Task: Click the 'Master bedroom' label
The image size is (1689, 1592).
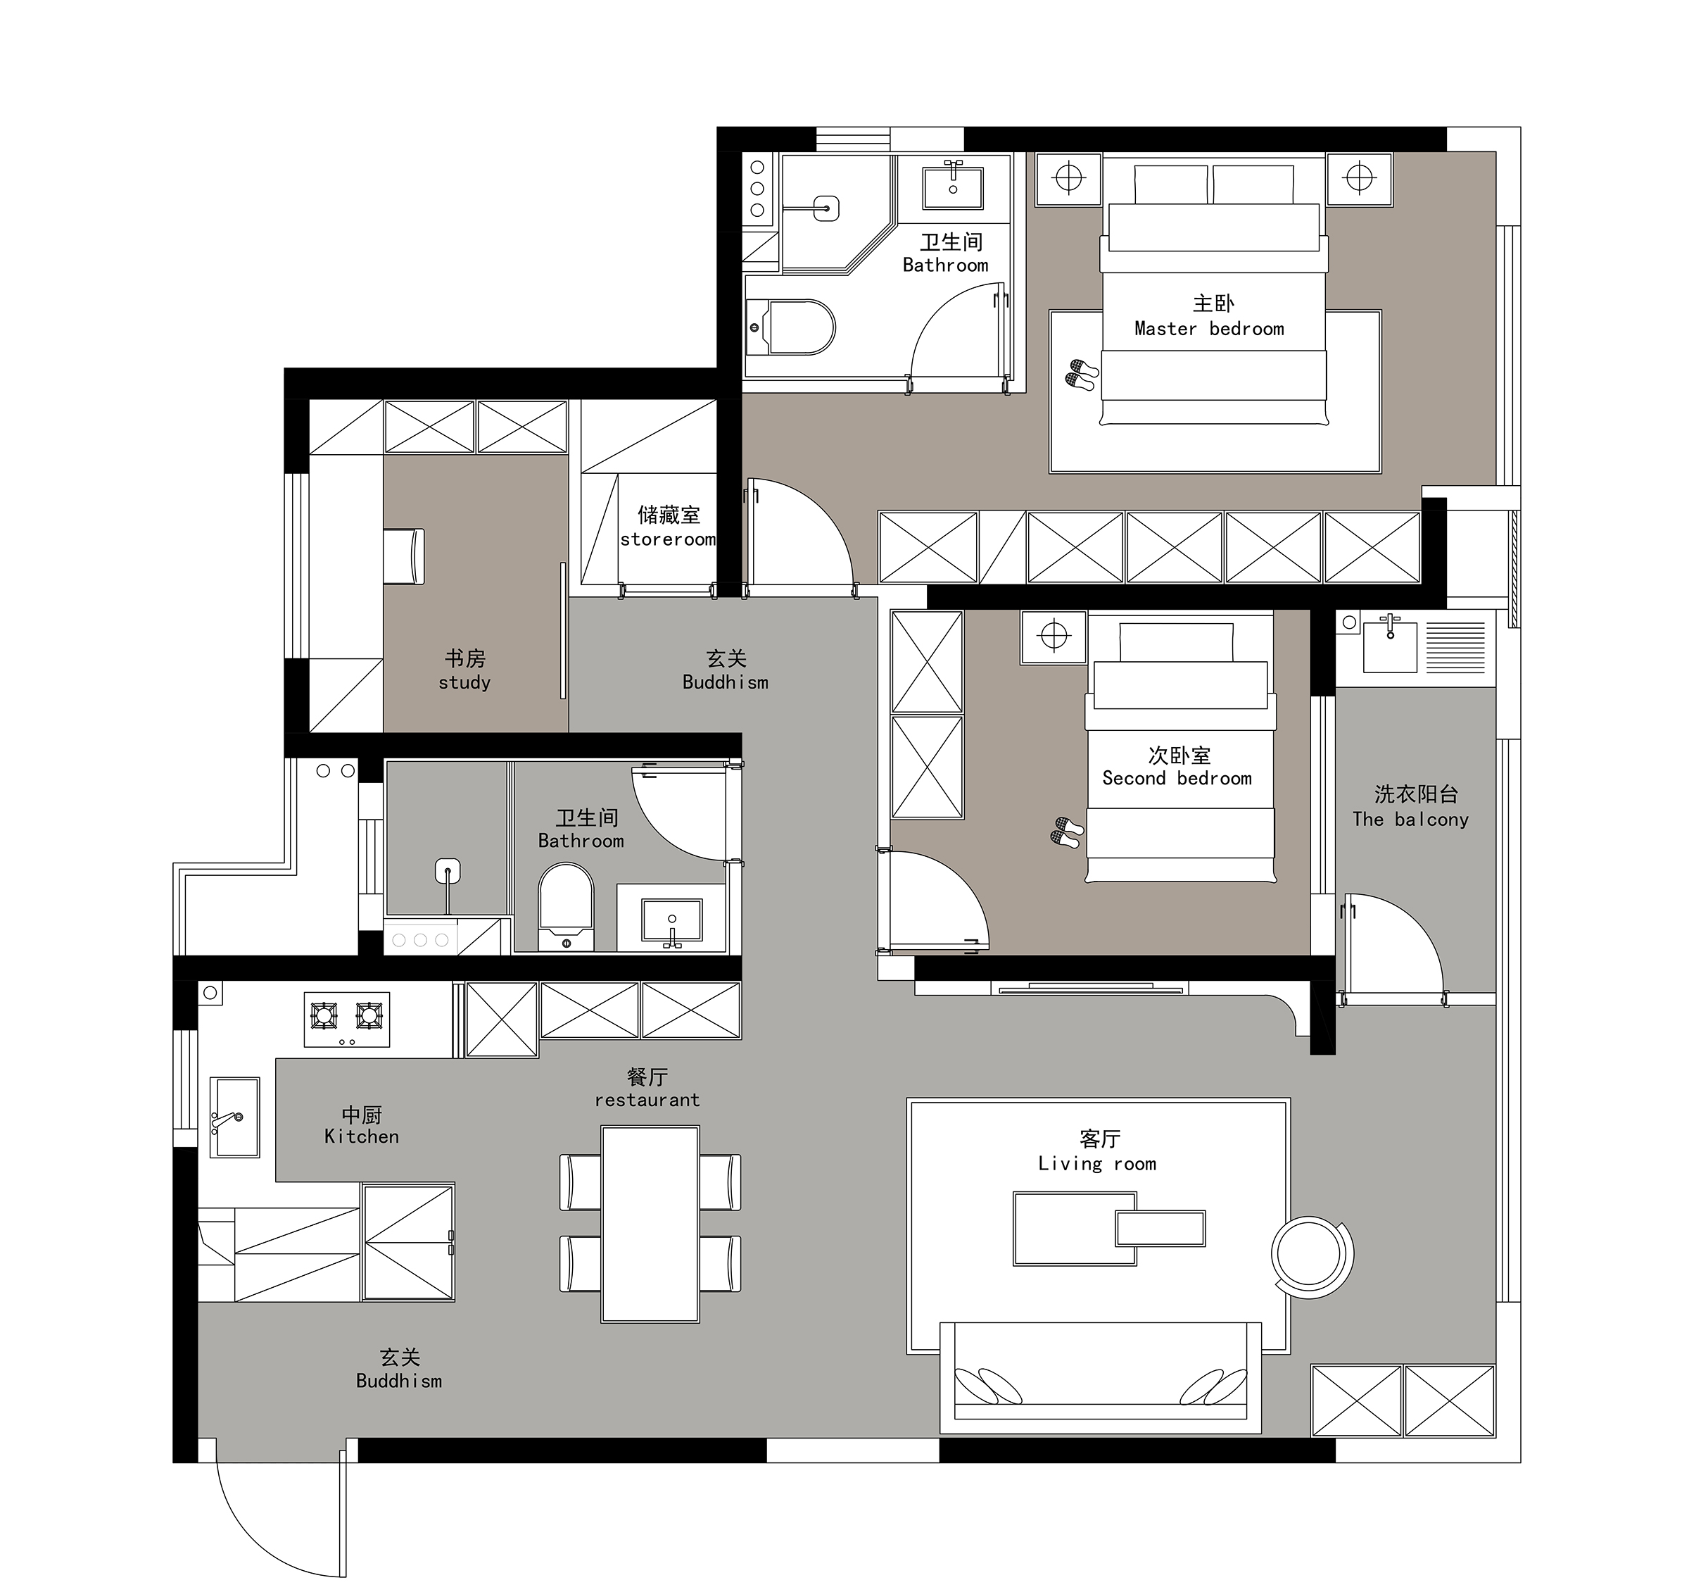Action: [1209, 329]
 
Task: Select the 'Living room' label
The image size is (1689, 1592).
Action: [1097, 1164]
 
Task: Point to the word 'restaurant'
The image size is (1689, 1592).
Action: [647, 1100]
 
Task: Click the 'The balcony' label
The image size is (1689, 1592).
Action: [1410, 820]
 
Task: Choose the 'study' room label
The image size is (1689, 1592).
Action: [464, 682]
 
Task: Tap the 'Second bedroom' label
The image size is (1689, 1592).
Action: [1177, 778]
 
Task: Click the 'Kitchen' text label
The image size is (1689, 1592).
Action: [361, 1136]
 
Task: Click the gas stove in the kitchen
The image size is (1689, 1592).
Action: [347, 1018]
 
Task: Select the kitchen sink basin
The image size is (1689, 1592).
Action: [234, 1117]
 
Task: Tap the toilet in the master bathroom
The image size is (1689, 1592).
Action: [791, 327]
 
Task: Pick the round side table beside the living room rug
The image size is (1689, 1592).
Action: [1311, 1255]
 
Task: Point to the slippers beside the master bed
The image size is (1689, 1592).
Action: [1082, 374]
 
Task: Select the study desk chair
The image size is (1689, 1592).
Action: [403, 556]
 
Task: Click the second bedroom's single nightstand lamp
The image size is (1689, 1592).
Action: [1054, 636]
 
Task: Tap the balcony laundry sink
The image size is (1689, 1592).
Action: [1390, 645]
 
